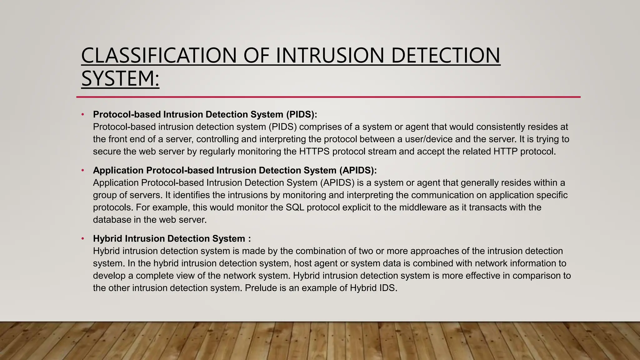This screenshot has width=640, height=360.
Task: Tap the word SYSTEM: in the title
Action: coord(120,78)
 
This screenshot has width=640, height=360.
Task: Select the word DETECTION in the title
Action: coord(445,55)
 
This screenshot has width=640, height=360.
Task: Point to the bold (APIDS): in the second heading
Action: coord(358,170)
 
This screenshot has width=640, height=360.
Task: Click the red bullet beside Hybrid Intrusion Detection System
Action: coord(83,239)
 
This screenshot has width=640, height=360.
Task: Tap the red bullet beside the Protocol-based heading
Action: coord(83,114)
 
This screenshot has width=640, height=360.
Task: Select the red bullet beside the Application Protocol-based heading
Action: coord(83,170)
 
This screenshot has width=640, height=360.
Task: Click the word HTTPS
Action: coord(314,152)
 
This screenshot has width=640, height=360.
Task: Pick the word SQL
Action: coord(295,207)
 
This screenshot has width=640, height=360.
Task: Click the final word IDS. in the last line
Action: coord(388,288)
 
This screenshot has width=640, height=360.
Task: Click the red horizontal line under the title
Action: coord(328,97)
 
